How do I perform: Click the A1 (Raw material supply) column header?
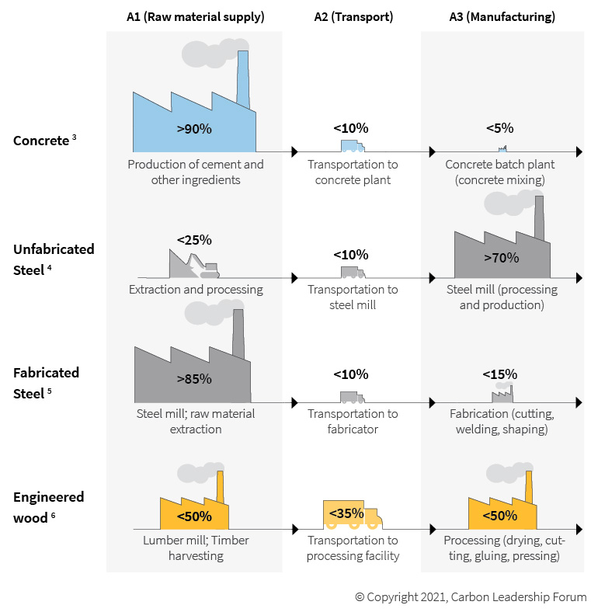(x=195, y=16)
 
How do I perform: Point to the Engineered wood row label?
(x=48, y=505)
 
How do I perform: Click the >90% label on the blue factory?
(x=193, y=129)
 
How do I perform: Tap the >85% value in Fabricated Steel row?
(x=193, y=379)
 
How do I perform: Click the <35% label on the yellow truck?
(x=346, y=513)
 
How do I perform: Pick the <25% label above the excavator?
(x=194, y=239)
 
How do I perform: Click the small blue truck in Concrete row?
(x=353, y=145)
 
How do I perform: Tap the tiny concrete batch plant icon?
(x=502, y=148)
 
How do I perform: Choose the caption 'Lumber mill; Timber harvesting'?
(x=196, y=548)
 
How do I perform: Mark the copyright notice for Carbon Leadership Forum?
(x=471, y=597)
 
